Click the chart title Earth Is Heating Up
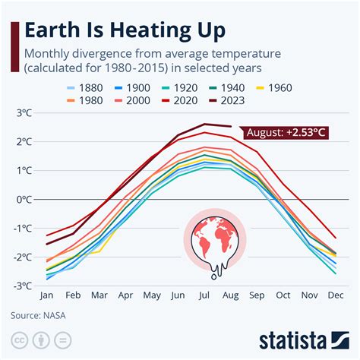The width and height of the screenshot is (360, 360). coord(126,30)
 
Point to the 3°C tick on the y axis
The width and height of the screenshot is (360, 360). coord(24,113)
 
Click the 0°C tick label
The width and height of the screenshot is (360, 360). coord(24,200)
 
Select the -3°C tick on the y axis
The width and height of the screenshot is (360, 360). coord(23,286)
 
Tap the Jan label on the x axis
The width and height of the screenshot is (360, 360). coord(47,296)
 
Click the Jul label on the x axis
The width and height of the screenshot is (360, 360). coord(204,296)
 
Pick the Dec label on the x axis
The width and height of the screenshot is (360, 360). coord(335,296)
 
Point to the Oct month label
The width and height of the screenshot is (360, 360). coord(283,296)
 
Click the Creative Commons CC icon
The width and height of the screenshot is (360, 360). coord(20,339)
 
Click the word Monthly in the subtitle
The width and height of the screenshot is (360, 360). coord(50,54)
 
